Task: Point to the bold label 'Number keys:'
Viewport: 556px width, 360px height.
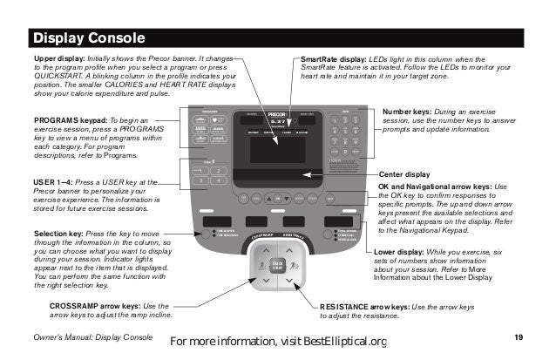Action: pyautogui.click(x=414, y=112)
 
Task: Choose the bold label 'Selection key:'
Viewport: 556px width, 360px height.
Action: pyautogui.click(x=59, y=234)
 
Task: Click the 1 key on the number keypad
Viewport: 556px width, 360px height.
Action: pyautogui.click(x=336, y=119)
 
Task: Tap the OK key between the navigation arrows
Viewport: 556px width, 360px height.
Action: pyautogui.click(x=278, y=197)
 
